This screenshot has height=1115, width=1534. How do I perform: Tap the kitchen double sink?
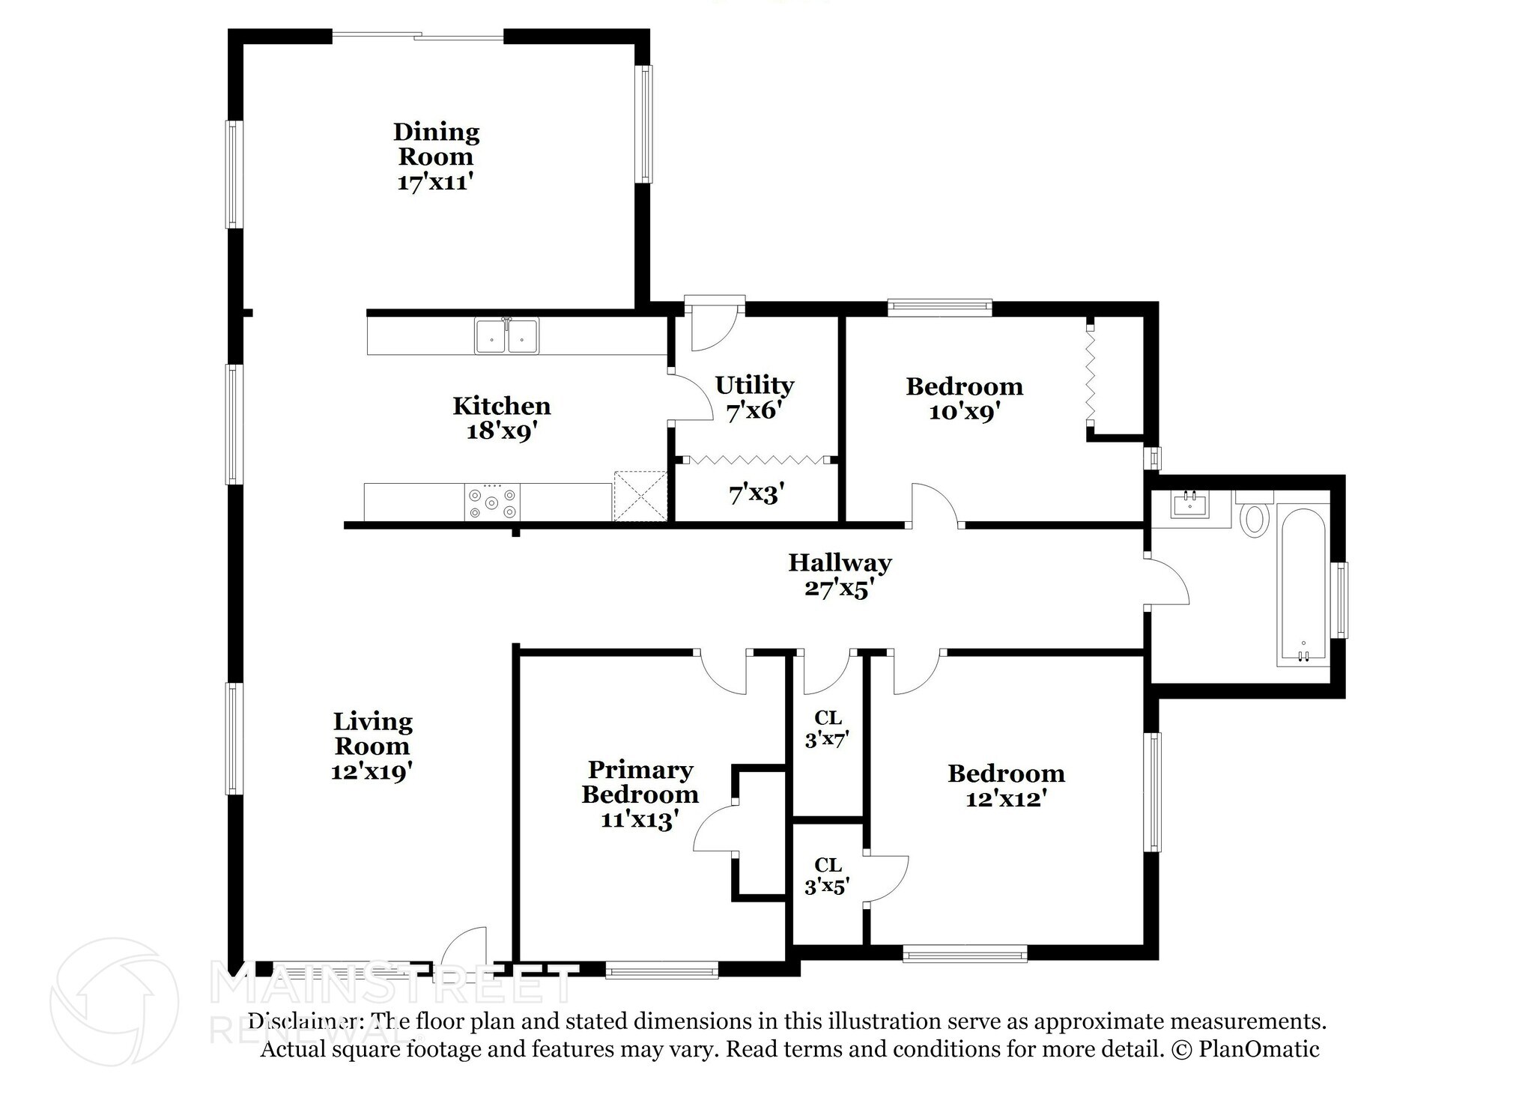pos(507,335)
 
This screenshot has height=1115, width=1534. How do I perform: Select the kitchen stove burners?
pos(492,502)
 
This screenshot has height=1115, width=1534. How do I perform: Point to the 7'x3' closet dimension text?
pos(757,493)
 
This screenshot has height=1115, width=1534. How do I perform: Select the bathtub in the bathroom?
pos(1303,587)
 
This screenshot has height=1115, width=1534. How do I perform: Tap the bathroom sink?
pos(1190,505)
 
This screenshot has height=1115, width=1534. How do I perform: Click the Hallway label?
pos(840,562)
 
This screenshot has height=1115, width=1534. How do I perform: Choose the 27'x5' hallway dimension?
pos(840,588)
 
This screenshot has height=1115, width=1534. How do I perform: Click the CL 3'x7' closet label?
pos(827,729)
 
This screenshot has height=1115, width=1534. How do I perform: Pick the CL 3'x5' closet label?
pos(827,876)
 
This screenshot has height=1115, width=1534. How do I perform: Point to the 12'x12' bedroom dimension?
pos(1006,799)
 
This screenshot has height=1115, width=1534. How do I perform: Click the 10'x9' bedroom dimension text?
pos(965,412)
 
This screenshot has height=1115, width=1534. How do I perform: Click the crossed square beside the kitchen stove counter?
pos(640,496)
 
